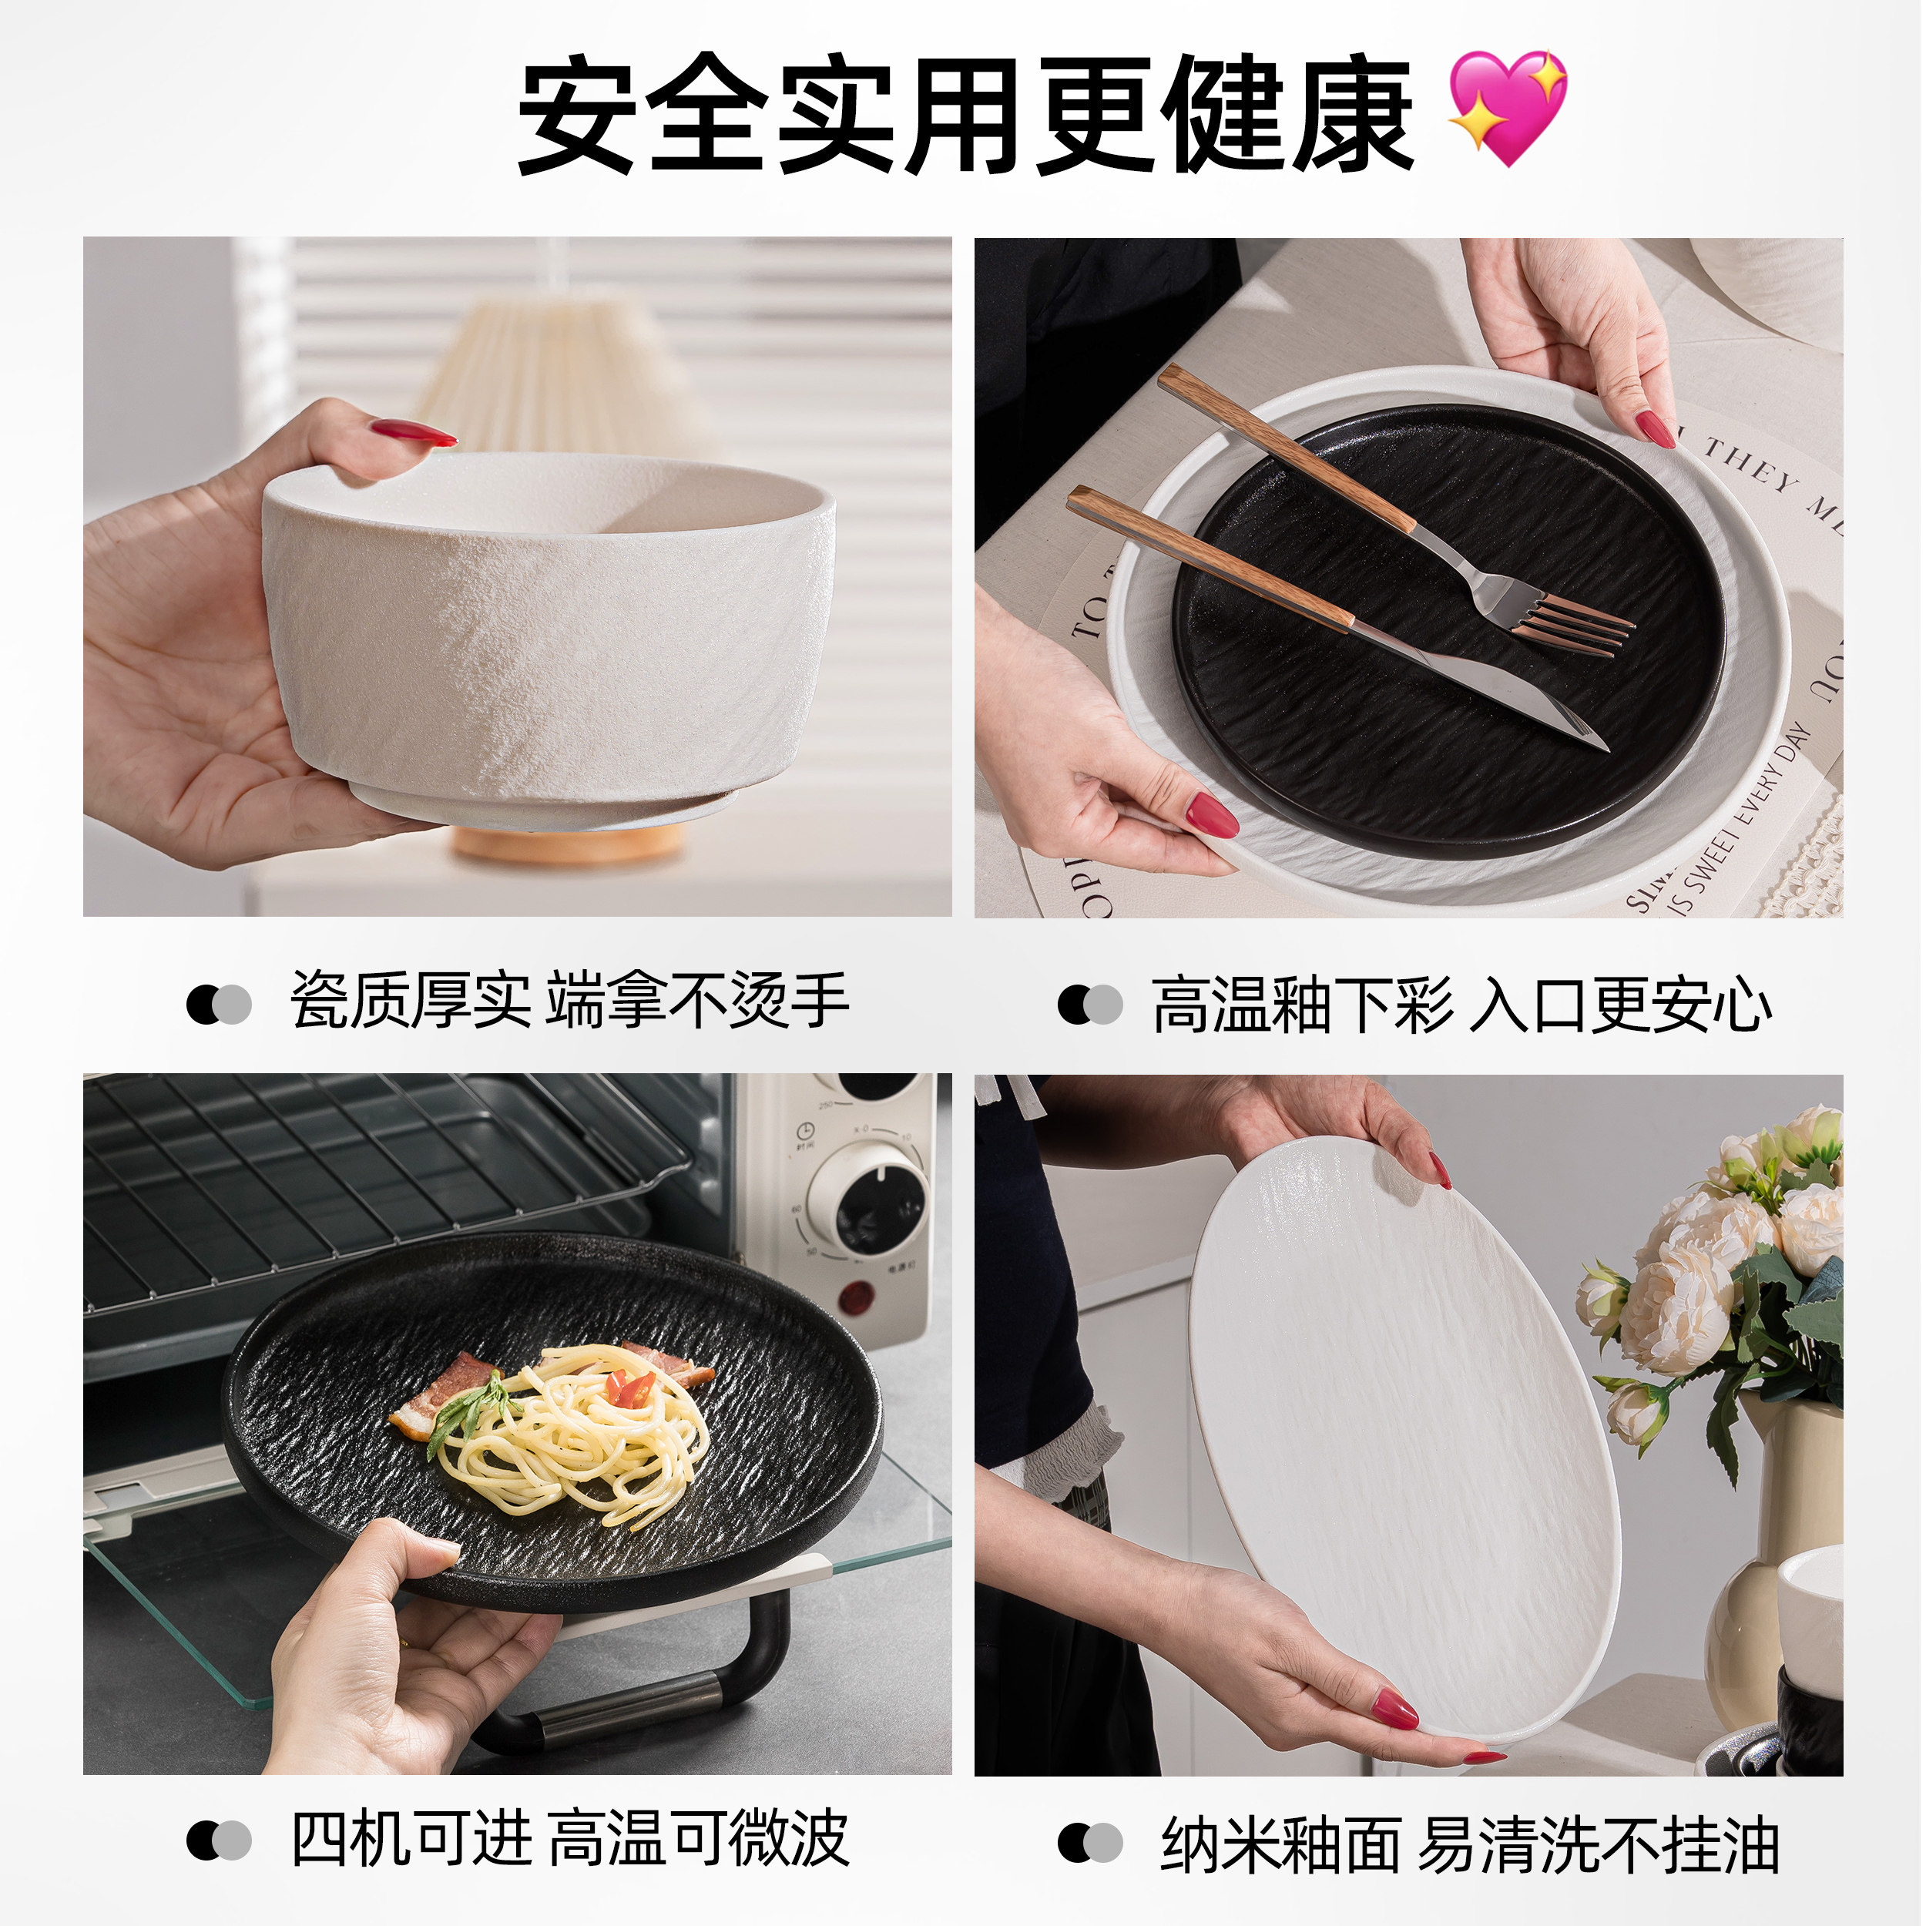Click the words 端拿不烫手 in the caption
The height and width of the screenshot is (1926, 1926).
[698, 1001]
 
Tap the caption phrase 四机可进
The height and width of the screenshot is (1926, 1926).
[411, 1839]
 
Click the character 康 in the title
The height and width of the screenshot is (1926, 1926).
[1353, 115]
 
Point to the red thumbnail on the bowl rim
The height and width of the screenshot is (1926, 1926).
[414, 434]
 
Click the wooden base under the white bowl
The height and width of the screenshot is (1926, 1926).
[569, 845]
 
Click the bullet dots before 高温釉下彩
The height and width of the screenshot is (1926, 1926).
[1091, 1005]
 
